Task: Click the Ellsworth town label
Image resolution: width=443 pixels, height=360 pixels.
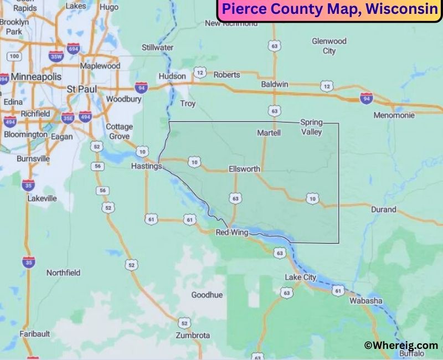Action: [244, 169]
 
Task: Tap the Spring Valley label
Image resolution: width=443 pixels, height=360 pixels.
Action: [311, 127]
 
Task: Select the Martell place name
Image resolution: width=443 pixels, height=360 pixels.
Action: [269, 133]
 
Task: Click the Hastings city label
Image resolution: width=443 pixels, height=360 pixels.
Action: [146, 166]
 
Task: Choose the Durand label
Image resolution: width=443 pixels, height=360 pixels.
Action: [383, 209]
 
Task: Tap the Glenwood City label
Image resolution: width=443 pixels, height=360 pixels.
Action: [329, 46]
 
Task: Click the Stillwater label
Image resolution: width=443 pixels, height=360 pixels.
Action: [158, 48]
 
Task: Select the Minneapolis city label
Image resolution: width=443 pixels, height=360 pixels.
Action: [37, 76]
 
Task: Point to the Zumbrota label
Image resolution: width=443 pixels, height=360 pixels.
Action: [193, 336]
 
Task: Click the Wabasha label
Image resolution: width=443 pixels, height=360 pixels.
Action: [365, 301]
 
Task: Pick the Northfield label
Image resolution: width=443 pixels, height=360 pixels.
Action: [63, 272]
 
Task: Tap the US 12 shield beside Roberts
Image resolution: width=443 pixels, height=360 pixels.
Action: [200, 73]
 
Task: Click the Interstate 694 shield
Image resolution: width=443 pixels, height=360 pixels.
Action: [74, 50]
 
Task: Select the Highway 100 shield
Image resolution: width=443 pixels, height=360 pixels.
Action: [14, 56]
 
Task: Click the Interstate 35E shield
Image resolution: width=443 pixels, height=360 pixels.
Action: [68, 117]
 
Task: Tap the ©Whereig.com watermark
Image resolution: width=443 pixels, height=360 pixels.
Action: [401, 345]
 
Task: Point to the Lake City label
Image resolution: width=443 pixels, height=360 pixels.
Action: [301, 277]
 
